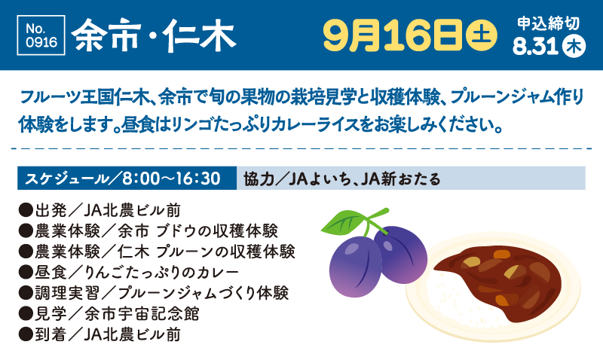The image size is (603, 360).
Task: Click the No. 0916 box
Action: pyautogui.click(x=41, y=35)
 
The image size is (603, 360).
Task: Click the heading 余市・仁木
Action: pyautogui.click(x=153, y=35)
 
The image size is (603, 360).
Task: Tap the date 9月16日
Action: pyautogui.click(x=392, y=35)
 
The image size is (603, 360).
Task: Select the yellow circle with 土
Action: pyautogui.click(x=481, y=35)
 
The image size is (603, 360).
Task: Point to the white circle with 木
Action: pyautogui.click(x=574, y=47)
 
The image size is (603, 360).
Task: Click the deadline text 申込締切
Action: pyautogui.click(x=548, y=23)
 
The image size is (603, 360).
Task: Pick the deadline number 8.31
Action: pyautogui.click(x=535, y=47)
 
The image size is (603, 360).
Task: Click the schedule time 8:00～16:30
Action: pyautogui.click(x=172, y=178)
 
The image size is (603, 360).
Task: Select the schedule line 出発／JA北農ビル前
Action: pyautogui.click(x=99, y=211)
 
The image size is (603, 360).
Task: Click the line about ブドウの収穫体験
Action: pyautogui.click(x=148, y=231)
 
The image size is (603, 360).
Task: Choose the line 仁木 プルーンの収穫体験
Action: pyautogui.click(x=157, y=252)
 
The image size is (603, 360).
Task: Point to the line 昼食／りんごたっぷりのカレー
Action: pyautogui.click(x=129, y=273)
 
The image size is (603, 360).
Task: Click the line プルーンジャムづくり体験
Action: pyautogui.click(x=154, y=294)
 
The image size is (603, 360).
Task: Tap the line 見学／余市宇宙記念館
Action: pyautogui.click(x=109, y=314)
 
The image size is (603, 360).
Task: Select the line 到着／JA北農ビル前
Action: pyautogui.click(x=99, y=335)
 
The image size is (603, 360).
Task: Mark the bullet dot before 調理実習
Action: pyautogui.click(x=26, y=294)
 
